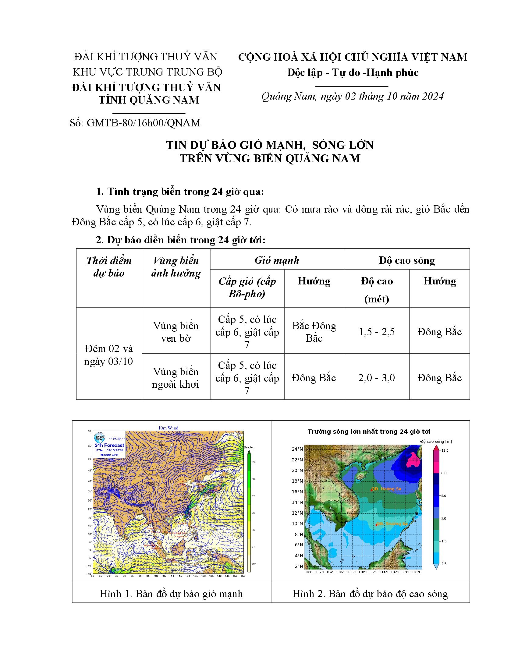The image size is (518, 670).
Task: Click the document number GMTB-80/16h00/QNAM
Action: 143,123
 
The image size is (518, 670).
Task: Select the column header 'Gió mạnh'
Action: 276,260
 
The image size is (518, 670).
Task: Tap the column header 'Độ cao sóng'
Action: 406,260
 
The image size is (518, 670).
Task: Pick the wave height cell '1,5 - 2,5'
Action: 377,332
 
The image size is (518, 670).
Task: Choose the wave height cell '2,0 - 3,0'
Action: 377,378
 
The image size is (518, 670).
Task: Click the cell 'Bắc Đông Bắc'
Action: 314,332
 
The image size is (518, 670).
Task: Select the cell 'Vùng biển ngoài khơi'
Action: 176,378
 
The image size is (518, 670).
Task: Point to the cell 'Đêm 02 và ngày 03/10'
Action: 109,355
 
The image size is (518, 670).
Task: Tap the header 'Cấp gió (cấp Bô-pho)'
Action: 247,287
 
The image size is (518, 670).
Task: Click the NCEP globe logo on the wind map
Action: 99,437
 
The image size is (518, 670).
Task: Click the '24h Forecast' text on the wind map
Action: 109,445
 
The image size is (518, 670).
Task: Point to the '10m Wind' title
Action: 168,428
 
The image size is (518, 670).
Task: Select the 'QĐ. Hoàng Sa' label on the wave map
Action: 386,489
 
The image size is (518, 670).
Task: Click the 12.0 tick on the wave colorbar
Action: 445,450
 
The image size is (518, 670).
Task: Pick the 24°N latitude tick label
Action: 297,449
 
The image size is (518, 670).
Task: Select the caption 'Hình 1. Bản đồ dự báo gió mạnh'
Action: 171,594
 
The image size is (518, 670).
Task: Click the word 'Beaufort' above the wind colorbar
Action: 249,447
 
